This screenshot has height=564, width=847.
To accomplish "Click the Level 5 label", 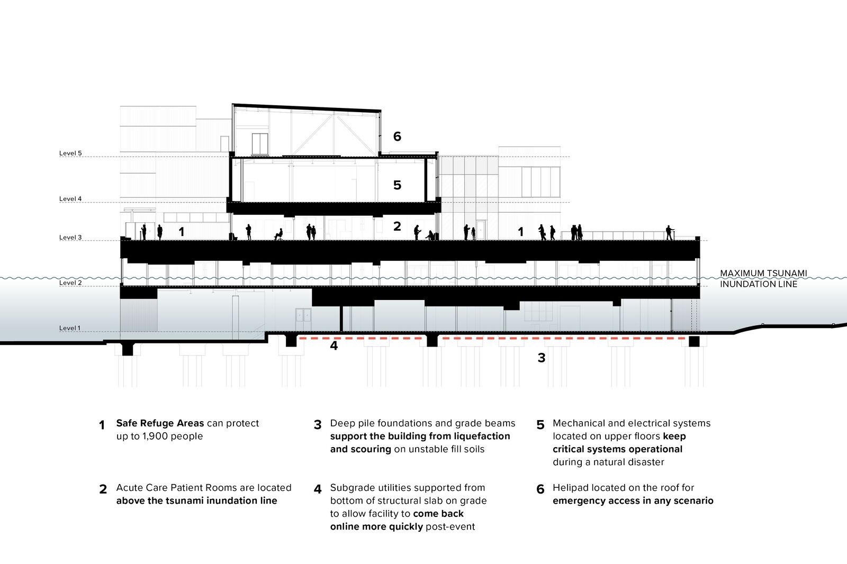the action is pyautogui.click(x=70, y=153).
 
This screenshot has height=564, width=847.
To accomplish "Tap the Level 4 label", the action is pyautogui.click(x=70, y=199).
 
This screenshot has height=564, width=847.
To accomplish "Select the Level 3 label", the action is pyautogui.click(x=70, y=238).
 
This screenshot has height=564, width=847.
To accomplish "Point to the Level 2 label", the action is pyautogui.click(x=70, y=283).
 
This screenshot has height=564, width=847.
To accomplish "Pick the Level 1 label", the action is pyautogui.click(x=70, y=328).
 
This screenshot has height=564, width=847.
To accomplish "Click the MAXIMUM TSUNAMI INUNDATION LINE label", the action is pyautogui.click(x=763, y=279).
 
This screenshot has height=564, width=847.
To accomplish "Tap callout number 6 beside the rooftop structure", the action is pyautogui.click(x=397, y=137).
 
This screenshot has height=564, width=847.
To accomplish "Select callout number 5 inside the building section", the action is pyautogui.click(x=397, y=185).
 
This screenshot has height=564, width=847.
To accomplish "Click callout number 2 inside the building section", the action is pyautogui.click(x=397, y=226).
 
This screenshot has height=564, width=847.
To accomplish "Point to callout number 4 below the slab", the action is pyautogui.click(x=334, y=345).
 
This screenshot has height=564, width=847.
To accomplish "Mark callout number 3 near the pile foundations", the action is pyautogui.click(x=542, y=358).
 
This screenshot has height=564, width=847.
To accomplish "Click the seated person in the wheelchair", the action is pyautogui.click(x=279, y=234).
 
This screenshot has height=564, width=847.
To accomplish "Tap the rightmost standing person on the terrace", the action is pyautogui.click(x=669, y=232).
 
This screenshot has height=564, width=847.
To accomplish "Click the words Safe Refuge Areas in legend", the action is pyautogui.click(x=160, y=423).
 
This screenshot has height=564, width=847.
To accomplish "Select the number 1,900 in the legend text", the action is pyautogui.click(x=155, y=436).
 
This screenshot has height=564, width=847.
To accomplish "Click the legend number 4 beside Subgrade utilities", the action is pyautogui.click(x=318, y=489).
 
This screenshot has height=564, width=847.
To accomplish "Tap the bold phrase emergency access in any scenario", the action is pyautogui.click(x=633, y=501).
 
